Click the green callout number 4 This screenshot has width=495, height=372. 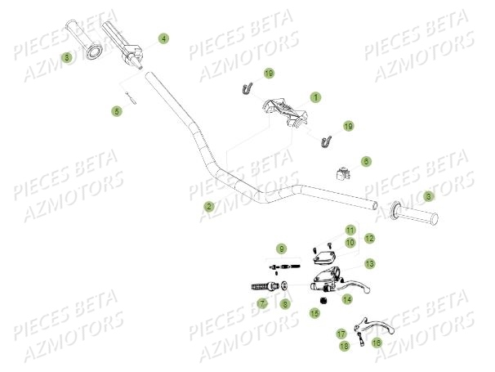pos(163,38)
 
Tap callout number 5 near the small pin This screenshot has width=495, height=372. pos(118,110)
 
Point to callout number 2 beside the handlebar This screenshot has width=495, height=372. pos(209,207)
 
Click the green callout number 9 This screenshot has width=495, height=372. pos(281,248)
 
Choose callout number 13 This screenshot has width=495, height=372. pos(370,263)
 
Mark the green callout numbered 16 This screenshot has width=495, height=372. pos(376,343)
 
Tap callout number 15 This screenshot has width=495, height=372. pos(314,313)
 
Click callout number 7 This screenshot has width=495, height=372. pos(262,303)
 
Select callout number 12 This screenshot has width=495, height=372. pos(369,238)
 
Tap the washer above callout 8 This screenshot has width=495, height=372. pos(283,286)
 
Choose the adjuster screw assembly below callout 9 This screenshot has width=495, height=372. pos(282,265)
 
